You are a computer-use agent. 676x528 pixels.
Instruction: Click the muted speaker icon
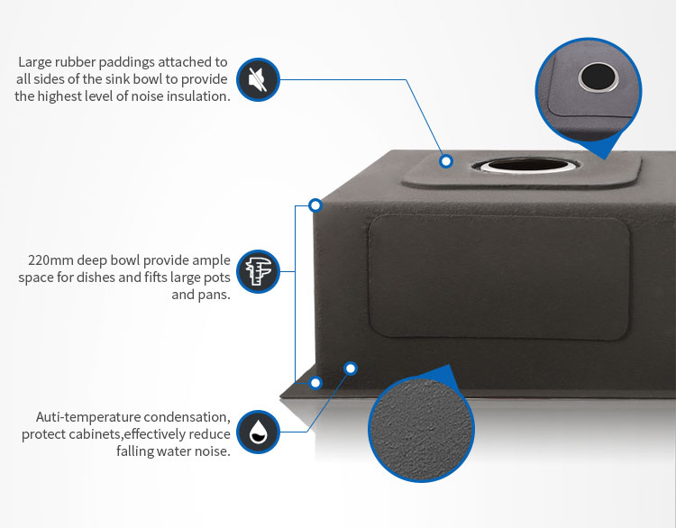tap(259, 79)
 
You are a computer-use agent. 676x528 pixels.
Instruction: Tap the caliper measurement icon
tap(259, 271)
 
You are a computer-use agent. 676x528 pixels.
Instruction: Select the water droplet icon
tap(259, 432)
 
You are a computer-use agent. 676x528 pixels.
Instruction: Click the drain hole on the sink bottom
tap(525, 165)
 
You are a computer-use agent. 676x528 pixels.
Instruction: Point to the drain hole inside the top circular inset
tap(598, 77)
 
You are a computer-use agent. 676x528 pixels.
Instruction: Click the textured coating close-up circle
tap(421, 429)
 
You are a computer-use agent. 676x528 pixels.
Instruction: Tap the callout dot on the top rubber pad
tap(446, 161)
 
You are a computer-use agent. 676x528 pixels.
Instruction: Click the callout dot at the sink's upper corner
tap(315, 205)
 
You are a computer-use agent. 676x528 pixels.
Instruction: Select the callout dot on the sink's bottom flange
tap(315, 382)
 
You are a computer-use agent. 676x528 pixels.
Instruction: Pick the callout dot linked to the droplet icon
tap(351, 369)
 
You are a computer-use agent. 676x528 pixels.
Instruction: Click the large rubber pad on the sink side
tap(498, 277)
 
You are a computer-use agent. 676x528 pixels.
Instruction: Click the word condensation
tap(187, 417)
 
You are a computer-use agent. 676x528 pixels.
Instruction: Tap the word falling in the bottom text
tap(135, 451)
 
